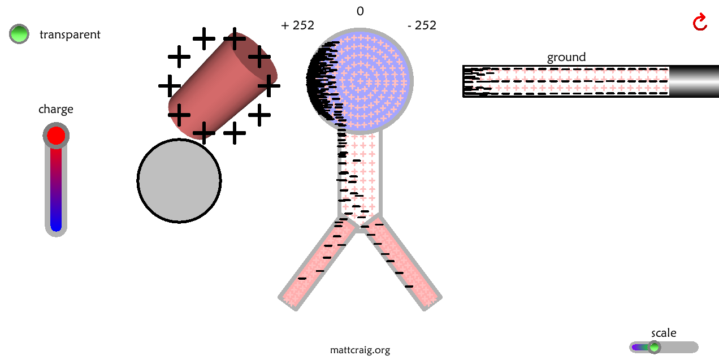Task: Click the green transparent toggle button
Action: click(x=19, y=34)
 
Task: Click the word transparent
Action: click(x=70, y=34)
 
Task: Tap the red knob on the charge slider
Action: click(x=56, y=136)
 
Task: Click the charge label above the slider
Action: click(x=56, y=109)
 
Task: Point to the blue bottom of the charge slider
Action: click(x=56, y=224)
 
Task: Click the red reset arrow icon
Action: click(x=700, y=22)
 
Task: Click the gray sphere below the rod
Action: click(x=179, y=181)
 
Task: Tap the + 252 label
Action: click(x=297, y=25)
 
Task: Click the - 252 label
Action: click(x=422, y=25)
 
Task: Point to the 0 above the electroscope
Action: click(x=360, y=11)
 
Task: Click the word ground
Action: click(x=566, y=57)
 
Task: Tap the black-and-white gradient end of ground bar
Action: click(x=693, y=81)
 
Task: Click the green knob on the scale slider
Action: click(x=654, y=347)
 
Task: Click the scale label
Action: click(x=664, y=333)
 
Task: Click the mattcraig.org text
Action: click(x=360, y=350)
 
